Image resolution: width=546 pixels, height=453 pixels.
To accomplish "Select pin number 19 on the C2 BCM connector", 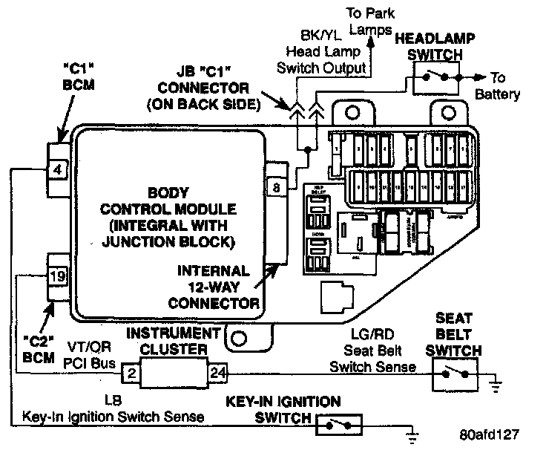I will point(58,277).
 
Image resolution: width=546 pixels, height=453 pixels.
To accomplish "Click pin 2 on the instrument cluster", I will point(128,372).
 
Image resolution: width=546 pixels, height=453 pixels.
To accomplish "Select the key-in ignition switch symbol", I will point(340,425).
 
